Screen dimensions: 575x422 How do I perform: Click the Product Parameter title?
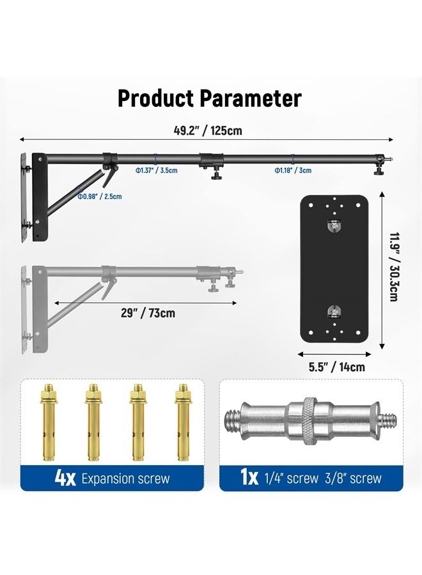pyautogui.click(x=209, y=98)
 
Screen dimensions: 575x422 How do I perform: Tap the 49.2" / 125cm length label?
pyautogui.click(x=208, y=131)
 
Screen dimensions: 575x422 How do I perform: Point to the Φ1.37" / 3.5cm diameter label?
pyautogui.click(x=156, y=171)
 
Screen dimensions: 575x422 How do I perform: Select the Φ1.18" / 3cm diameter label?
pyautogui.click(x=293, y=171)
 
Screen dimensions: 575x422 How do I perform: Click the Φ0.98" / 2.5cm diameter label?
pyautogui.click(x=99, y=197)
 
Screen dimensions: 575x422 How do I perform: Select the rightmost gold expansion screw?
pyautogui.click(x=182, y=422)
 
